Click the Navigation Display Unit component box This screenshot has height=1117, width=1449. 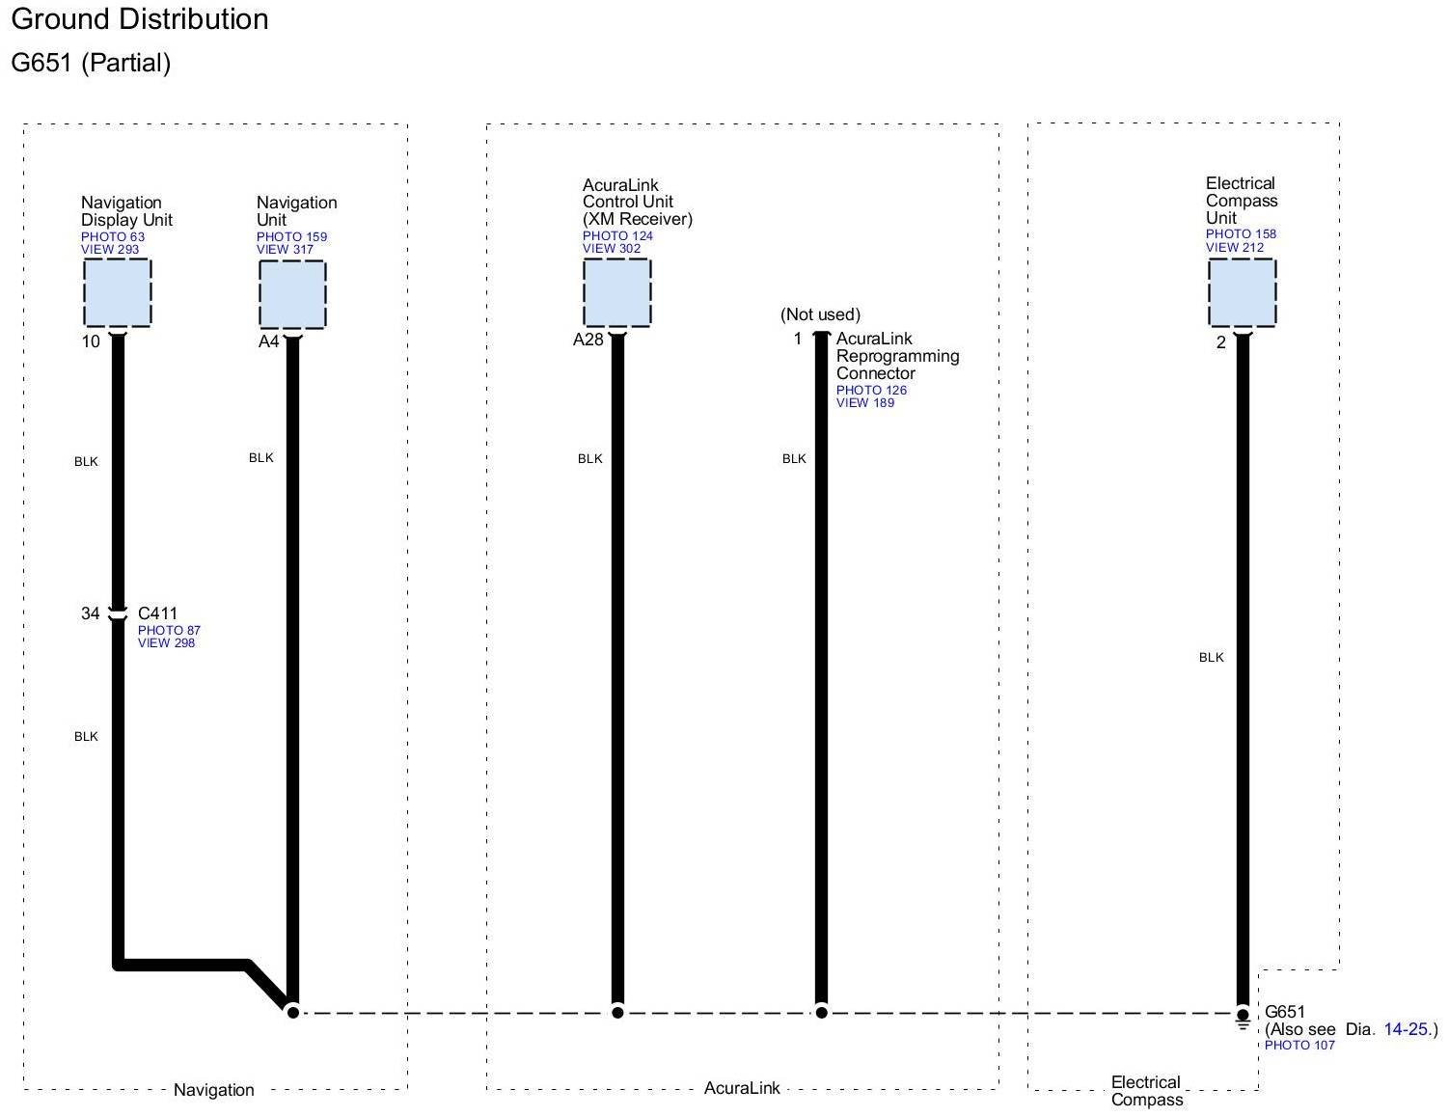tap(117, 292)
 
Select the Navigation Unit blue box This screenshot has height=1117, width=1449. tap(292, 293)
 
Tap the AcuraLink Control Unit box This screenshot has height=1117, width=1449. tap(616, 292)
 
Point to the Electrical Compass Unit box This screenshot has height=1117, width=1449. tap(1242, 292)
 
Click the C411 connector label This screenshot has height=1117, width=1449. tap(157, 613)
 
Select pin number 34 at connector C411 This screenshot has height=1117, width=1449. tap(90, 613)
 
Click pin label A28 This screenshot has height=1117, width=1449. tap(588, 340)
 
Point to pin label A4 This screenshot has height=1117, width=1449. tap(268, 341)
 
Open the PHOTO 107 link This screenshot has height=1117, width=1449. tap(1299, 1046)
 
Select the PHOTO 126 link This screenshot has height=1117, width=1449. tap(871, 391)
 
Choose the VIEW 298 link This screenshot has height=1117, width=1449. tap(166, 643)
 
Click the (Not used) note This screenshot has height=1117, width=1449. tap(820, 314)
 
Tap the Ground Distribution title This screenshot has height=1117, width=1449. tap(140, 19)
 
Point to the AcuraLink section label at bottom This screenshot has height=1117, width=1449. tap(742, 1088)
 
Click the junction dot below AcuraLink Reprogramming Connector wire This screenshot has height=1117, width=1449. tap(821, 1012)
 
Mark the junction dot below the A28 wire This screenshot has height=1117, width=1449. tap(617, 1012)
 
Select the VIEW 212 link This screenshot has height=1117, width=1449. tap(1234, 248)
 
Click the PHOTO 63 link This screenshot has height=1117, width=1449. tap(112, 237)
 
